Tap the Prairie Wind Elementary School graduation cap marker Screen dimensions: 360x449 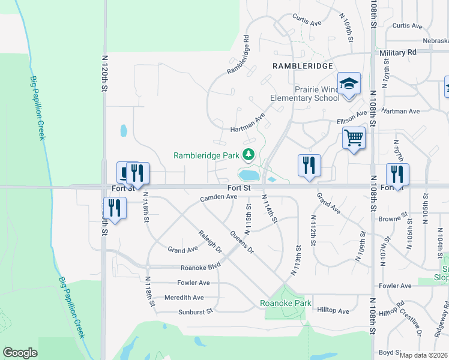tap(348, 83)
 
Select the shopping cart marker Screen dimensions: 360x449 tap(354, 138)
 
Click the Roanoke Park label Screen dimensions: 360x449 tap(286, 303)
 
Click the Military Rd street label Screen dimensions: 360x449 tap(398, 52)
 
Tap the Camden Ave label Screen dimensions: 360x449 tap(218, 197)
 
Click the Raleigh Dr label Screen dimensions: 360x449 tap(211, 240)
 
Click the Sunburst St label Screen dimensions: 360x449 tap(196, 311)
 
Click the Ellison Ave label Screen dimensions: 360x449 tap(351, 115)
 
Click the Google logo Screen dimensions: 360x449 tap(20, 352)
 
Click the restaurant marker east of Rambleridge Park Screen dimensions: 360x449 tap(309, 165)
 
